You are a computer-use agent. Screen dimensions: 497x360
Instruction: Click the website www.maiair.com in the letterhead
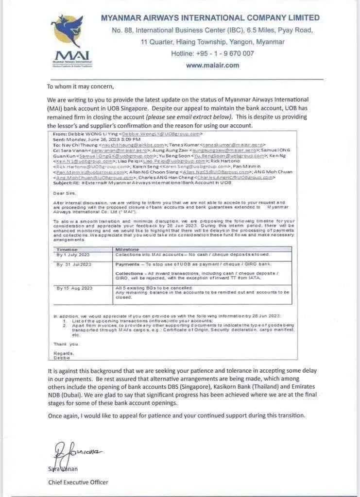212,65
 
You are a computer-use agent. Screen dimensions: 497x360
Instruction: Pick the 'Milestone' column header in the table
127,249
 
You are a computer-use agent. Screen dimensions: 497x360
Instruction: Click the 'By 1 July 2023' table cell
73,254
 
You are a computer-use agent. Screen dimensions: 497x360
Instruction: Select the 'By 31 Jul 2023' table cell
74,265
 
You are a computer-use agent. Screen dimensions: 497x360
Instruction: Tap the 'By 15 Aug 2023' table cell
74,288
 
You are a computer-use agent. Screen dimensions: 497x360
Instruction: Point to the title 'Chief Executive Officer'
78,482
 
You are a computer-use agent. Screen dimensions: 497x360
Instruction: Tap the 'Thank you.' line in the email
66,344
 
